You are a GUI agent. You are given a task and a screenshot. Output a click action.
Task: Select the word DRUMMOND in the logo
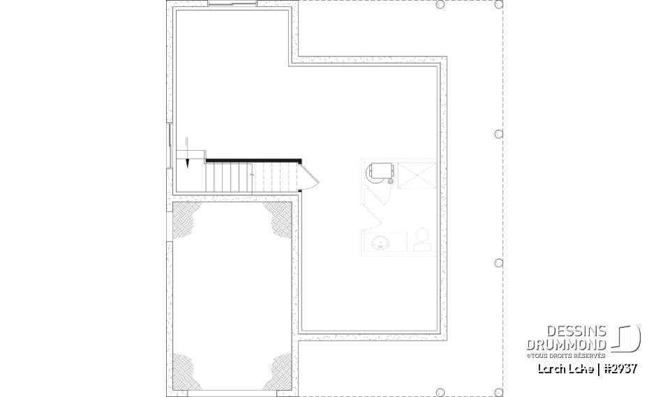click(565, 345)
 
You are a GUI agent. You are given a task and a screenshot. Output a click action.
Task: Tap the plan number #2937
click(620, 368)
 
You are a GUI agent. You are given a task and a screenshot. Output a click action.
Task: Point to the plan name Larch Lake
click(567, 368)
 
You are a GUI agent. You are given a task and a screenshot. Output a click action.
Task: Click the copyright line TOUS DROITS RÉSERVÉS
click(567, 356)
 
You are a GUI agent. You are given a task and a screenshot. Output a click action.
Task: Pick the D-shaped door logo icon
click(627, 338)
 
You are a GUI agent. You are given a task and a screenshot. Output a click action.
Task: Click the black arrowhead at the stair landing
click(188, 165)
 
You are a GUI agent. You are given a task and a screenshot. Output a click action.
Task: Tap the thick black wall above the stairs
click(253, 160)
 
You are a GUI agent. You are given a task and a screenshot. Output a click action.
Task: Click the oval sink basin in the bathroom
click(381, 244)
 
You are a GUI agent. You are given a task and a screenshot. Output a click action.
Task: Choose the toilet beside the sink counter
click(422, 240)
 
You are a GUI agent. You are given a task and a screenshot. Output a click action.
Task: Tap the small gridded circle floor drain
click(390, 181)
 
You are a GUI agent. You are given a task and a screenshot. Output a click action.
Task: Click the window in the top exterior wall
click(233, 4)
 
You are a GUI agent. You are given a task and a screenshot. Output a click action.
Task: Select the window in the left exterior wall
click(169, 146)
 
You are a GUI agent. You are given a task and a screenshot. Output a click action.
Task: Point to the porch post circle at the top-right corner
click(498, 5)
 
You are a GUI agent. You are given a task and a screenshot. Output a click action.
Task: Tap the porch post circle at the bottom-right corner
click(498, 391)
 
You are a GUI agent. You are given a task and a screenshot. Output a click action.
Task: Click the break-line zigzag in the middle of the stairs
click(252, 177)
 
